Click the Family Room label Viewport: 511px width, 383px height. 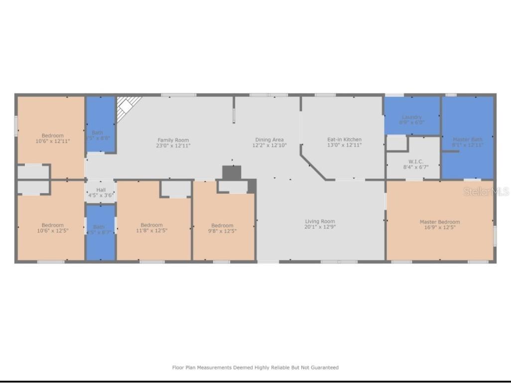pos(173,140)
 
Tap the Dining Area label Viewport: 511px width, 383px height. pos(269,140)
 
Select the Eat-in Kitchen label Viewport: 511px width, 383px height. pos(344,139)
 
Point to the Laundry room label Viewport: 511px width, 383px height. pos(411,117)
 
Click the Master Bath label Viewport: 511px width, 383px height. pos(467,139)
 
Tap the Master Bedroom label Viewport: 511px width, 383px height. pos(440,222)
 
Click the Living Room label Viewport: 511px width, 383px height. pos(320,221)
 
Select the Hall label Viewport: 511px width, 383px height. pos(101,190)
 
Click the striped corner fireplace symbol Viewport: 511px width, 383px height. pos(127,105)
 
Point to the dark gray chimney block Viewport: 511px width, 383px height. pos(232,172)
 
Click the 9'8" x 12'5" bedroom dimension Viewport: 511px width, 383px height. pos(222,231)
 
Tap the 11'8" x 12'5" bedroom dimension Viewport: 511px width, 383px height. pos(151,230)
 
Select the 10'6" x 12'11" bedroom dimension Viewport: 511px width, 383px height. pos(52,141)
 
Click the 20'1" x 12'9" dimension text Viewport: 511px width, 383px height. pos(320,227)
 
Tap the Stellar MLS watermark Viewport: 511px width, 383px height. pos(486,191)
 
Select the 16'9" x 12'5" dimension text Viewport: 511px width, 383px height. pos(440,227)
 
